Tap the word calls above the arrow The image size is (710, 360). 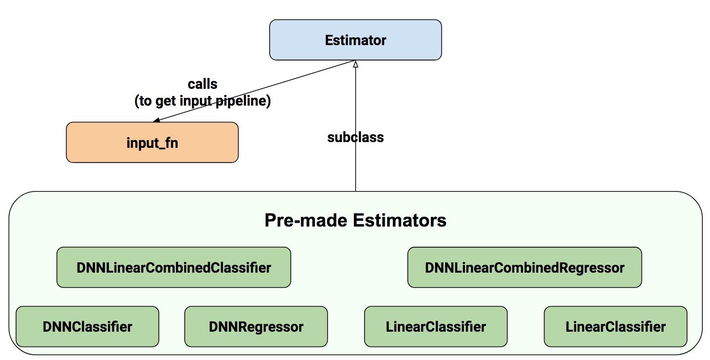coord(202,84)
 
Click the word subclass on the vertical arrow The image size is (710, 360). coord(355,137)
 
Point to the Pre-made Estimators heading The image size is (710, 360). coord(355,220)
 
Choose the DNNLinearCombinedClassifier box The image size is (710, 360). coord(174,267)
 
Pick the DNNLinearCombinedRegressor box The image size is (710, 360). coord(524,267)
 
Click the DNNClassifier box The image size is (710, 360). coord(87,327)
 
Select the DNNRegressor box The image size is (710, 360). coord(256,327)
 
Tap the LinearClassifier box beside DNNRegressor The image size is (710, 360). coord(436,327)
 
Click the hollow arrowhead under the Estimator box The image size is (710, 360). coord(355,64)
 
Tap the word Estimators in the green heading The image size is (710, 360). coord(400,220)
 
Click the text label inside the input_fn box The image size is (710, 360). coord(152,143)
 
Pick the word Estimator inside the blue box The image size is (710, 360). coord(355,40)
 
